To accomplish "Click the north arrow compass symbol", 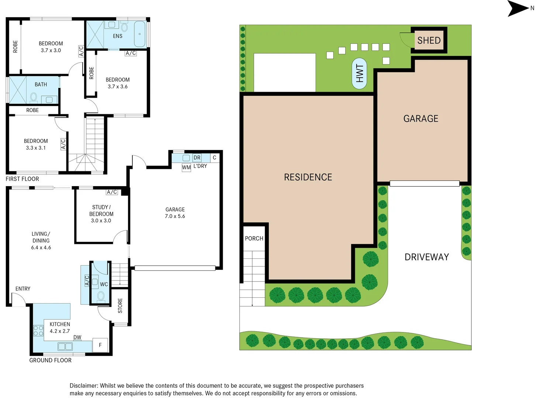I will coord(517,8).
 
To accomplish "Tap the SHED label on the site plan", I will coord(429,40).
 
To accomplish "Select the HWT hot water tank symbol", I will coord(359,74).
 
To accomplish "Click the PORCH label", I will coord(254,238).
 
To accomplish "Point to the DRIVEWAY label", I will coord(427,257).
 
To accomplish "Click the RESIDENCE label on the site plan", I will coord(308,177).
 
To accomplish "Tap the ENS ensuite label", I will coord(118,36).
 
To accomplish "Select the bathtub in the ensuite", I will coord(140,34).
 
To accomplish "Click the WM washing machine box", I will coord(186,168).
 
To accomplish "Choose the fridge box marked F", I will coord(100,345).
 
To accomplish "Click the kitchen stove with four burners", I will coord(38,331).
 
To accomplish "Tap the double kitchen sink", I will coord(65,346).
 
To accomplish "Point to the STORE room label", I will coord(120,306).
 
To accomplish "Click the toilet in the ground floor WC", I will coord(101,296).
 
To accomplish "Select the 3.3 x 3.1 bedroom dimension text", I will coord(36,148).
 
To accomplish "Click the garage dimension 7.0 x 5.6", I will coord(175,216).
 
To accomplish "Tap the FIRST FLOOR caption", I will coord(22,179).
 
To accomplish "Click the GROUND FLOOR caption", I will coord(51,360).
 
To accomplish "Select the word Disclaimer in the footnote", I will coord(84,386).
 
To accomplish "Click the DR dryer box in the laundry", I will coord(197,158).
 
